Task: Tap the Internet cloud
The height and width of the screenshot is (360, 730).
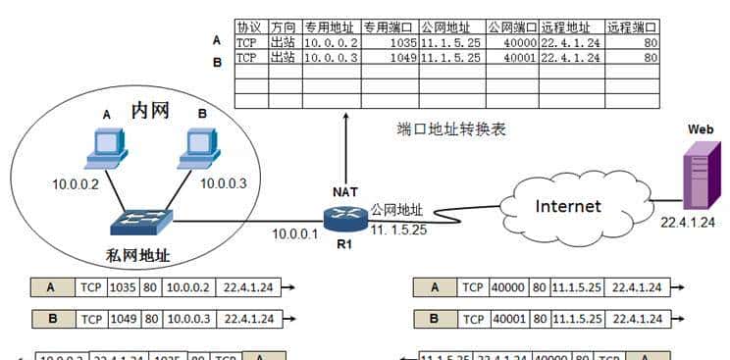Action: pos(567,207)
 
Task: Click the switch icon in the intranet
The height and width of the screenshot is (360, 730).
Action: pos(141,222)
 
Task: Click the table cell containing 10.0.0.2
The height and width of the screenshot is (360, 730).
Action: pos(331,43)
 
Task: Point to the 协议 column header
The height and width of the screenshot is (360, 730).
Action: pos(250,27)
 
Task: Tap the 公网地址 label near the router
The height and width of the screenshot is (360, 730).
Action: pos(396,209)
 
